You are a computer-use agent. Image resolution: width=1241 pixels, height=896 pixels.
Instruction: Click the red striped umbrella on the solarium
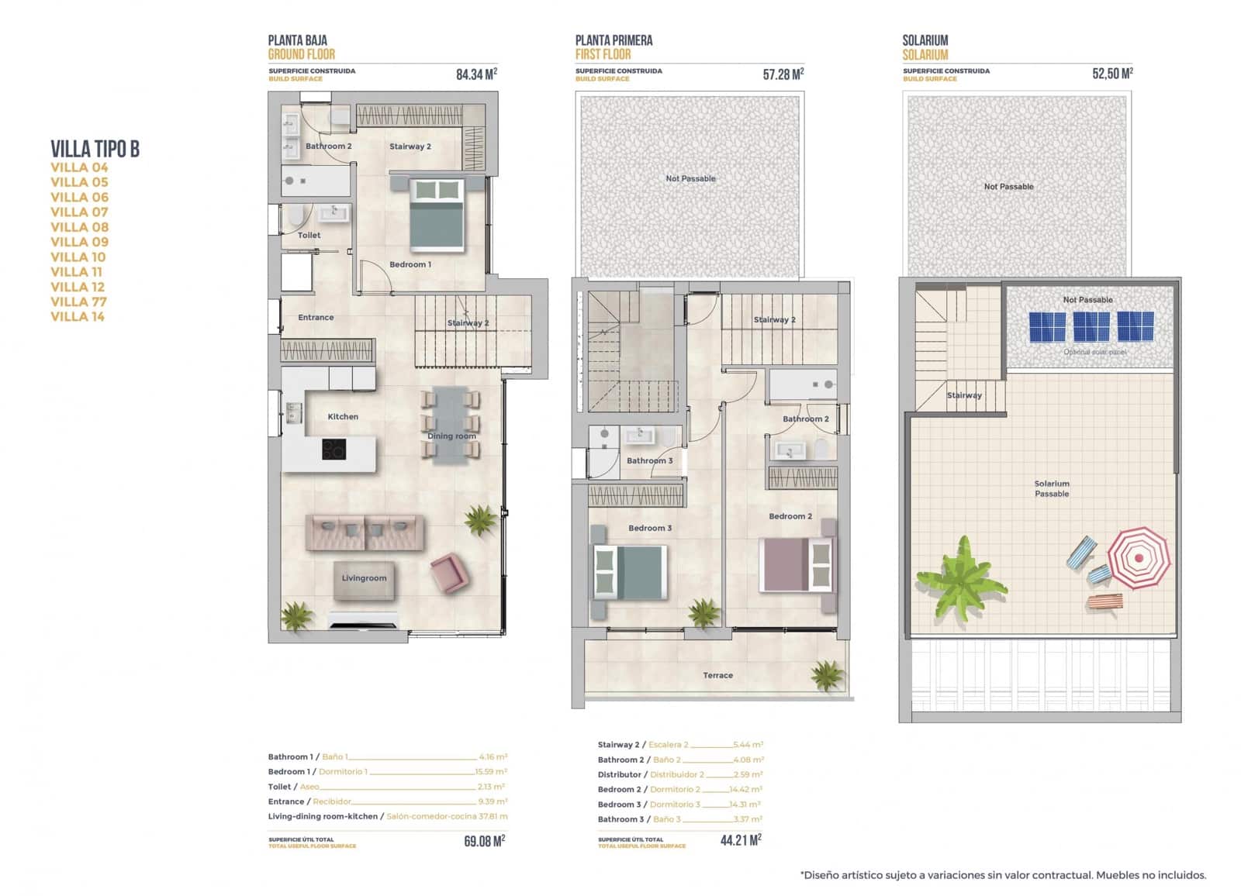1138,557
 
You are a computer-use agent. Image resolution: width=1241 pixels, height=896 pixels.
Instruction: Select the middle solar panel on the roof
1091,326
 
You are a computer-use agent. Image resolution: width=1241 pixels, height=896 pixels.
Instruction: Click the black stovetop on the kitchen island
334,449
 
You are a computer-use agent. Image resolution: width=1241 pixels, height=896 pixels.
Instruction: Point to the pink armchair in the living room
449,573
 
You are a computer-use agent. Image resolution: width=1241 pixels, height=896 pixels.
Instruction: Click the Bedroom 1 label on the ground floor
410,264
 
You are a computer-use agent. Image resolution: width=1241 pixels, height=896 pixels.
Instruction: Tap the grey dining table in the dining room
451,425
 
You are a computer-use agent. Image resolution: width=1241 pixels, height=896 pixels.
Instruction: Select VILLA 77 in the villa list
78,302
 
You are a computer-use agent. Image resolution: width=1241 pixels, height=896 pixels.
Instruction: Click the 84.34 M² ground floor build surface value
476,74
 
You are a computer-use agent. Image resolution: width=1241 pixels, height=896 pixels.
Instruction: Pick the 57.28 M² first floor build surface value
783,74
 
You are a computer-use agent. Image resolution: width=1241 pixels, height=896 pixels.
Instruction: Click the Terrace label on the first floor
717,675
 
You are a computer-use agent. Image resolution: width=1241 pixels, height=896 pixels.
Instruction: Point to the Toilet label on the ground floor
309,235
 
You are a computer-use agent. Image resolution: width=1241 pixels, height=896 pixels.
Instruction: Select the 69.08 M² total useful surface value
484,841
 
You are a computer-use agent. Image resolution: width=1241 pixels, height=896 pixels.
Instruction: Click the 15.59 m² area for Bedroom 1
490,771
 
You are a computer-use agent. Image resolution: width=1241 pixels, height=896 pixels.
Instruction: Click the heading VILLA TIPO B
95,149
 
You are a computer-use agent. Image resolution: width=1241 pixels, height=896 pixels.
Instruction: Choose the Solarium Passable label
1051,488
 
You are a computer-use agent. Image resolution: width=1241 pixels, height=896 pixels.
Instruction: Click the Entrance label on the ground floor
316,317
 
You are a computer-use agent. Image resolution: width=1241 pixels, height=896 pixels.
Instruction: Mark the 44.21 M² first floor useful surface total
740,840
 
